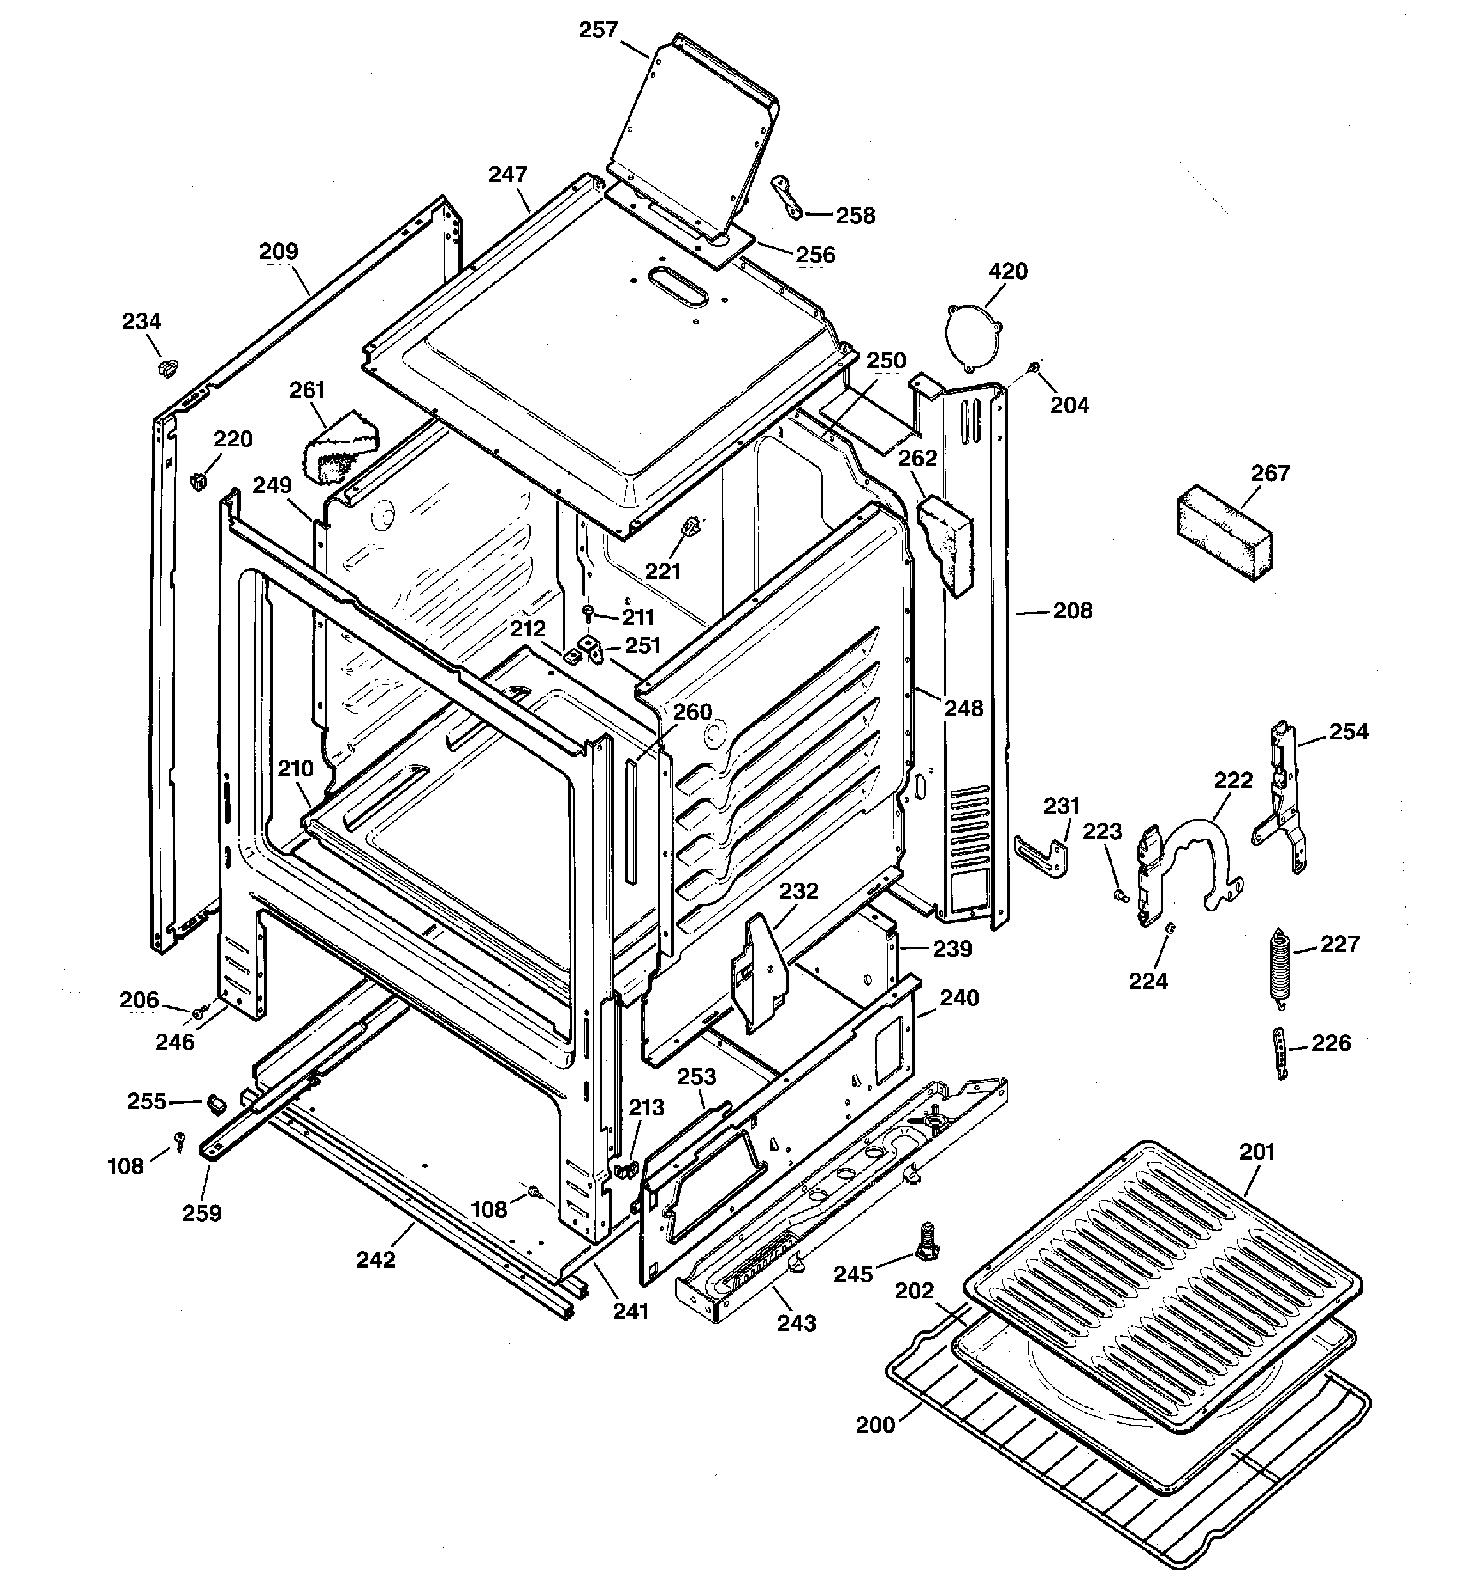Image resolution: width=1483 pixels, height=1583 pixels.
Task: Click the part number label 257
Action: (598, 30)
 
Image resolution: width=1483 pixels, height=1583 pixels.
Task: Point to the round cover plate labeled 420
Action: (974, 335)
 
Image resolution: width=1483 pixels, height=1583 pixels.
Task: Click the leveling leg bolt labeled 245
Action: (926, 1242)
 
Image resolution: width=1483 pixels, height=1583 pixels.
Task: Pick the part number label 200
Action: (875, 1424)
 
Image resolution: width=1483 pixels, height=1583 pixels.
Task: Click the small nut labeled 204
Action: (1033, 367)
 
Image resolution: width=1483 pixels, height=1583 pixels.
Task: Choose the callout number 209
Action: (279, 251)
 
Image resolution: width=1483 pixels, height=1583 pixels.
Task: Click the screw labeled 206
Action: (199, 1011)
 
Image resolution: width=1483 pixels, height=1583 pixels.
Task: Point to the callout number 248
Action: (963, 708)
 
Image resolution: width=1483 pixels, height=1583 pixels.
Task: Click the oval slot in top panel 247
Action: (678, 287)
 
